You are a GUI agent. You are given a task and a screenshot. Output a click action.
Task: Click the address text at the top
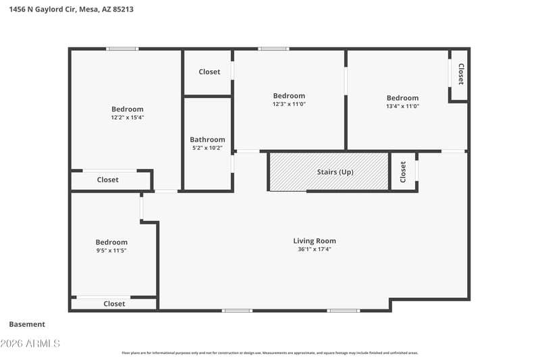point(72,9)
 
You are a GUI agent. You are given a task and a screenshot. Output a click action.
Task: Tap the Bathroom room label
point(207,140)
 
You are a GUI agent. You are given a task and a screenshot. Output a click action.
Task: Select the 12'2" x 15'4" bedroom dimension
point(128,118)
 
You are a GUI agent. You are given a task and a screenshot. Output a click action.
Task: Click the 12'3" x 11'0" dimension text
point(289,104)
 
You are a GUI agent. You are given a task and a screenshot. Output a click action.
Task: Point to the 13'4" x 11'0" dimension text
point(402,106)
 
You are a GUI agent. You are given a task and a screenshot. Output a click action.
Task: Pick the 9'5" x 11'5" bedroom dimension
point(111,251)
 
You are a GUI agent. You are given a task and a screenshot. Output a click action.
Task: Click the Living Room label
point(315,241)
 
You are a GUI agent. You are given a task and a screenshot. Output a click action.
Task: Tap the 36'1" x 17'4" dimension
point(315,249)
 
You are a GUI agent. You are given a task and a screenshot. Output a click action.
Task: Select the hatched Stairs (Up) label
point(335,172)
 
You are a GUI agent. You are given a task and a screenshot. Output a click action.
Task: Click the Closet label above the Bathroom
point(209,72)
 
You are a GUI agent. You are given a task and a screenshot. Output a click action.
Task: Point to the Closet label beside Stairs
point(403,172)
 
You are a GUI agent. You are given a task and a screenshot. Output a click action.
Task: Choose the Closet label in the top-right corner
point(461,74)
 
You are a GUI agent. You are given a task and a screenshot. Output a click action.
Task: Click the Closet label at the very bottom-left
point(114,303)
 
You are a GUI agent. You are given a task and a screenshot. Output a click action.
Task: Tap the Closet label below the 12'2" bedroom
point(108,180)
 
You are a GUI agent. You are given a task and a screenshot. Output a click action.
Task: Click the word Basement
point(27,324)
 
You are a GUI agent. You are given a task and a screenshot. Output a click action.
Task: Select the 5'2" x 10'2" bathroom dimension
point(207,148)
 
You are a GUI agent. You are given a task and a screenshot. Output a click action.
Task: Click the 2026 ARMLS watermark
point(30,344)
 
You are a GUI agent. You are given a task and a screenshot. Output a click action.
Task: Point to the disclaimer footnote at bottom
point(270,353)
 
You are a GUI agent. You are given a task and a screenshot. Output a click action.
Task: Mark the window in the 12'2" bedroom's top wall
point(122,49)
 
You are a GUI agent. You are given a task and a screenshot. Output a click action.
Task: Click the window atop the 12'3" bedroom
point(273,49)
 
